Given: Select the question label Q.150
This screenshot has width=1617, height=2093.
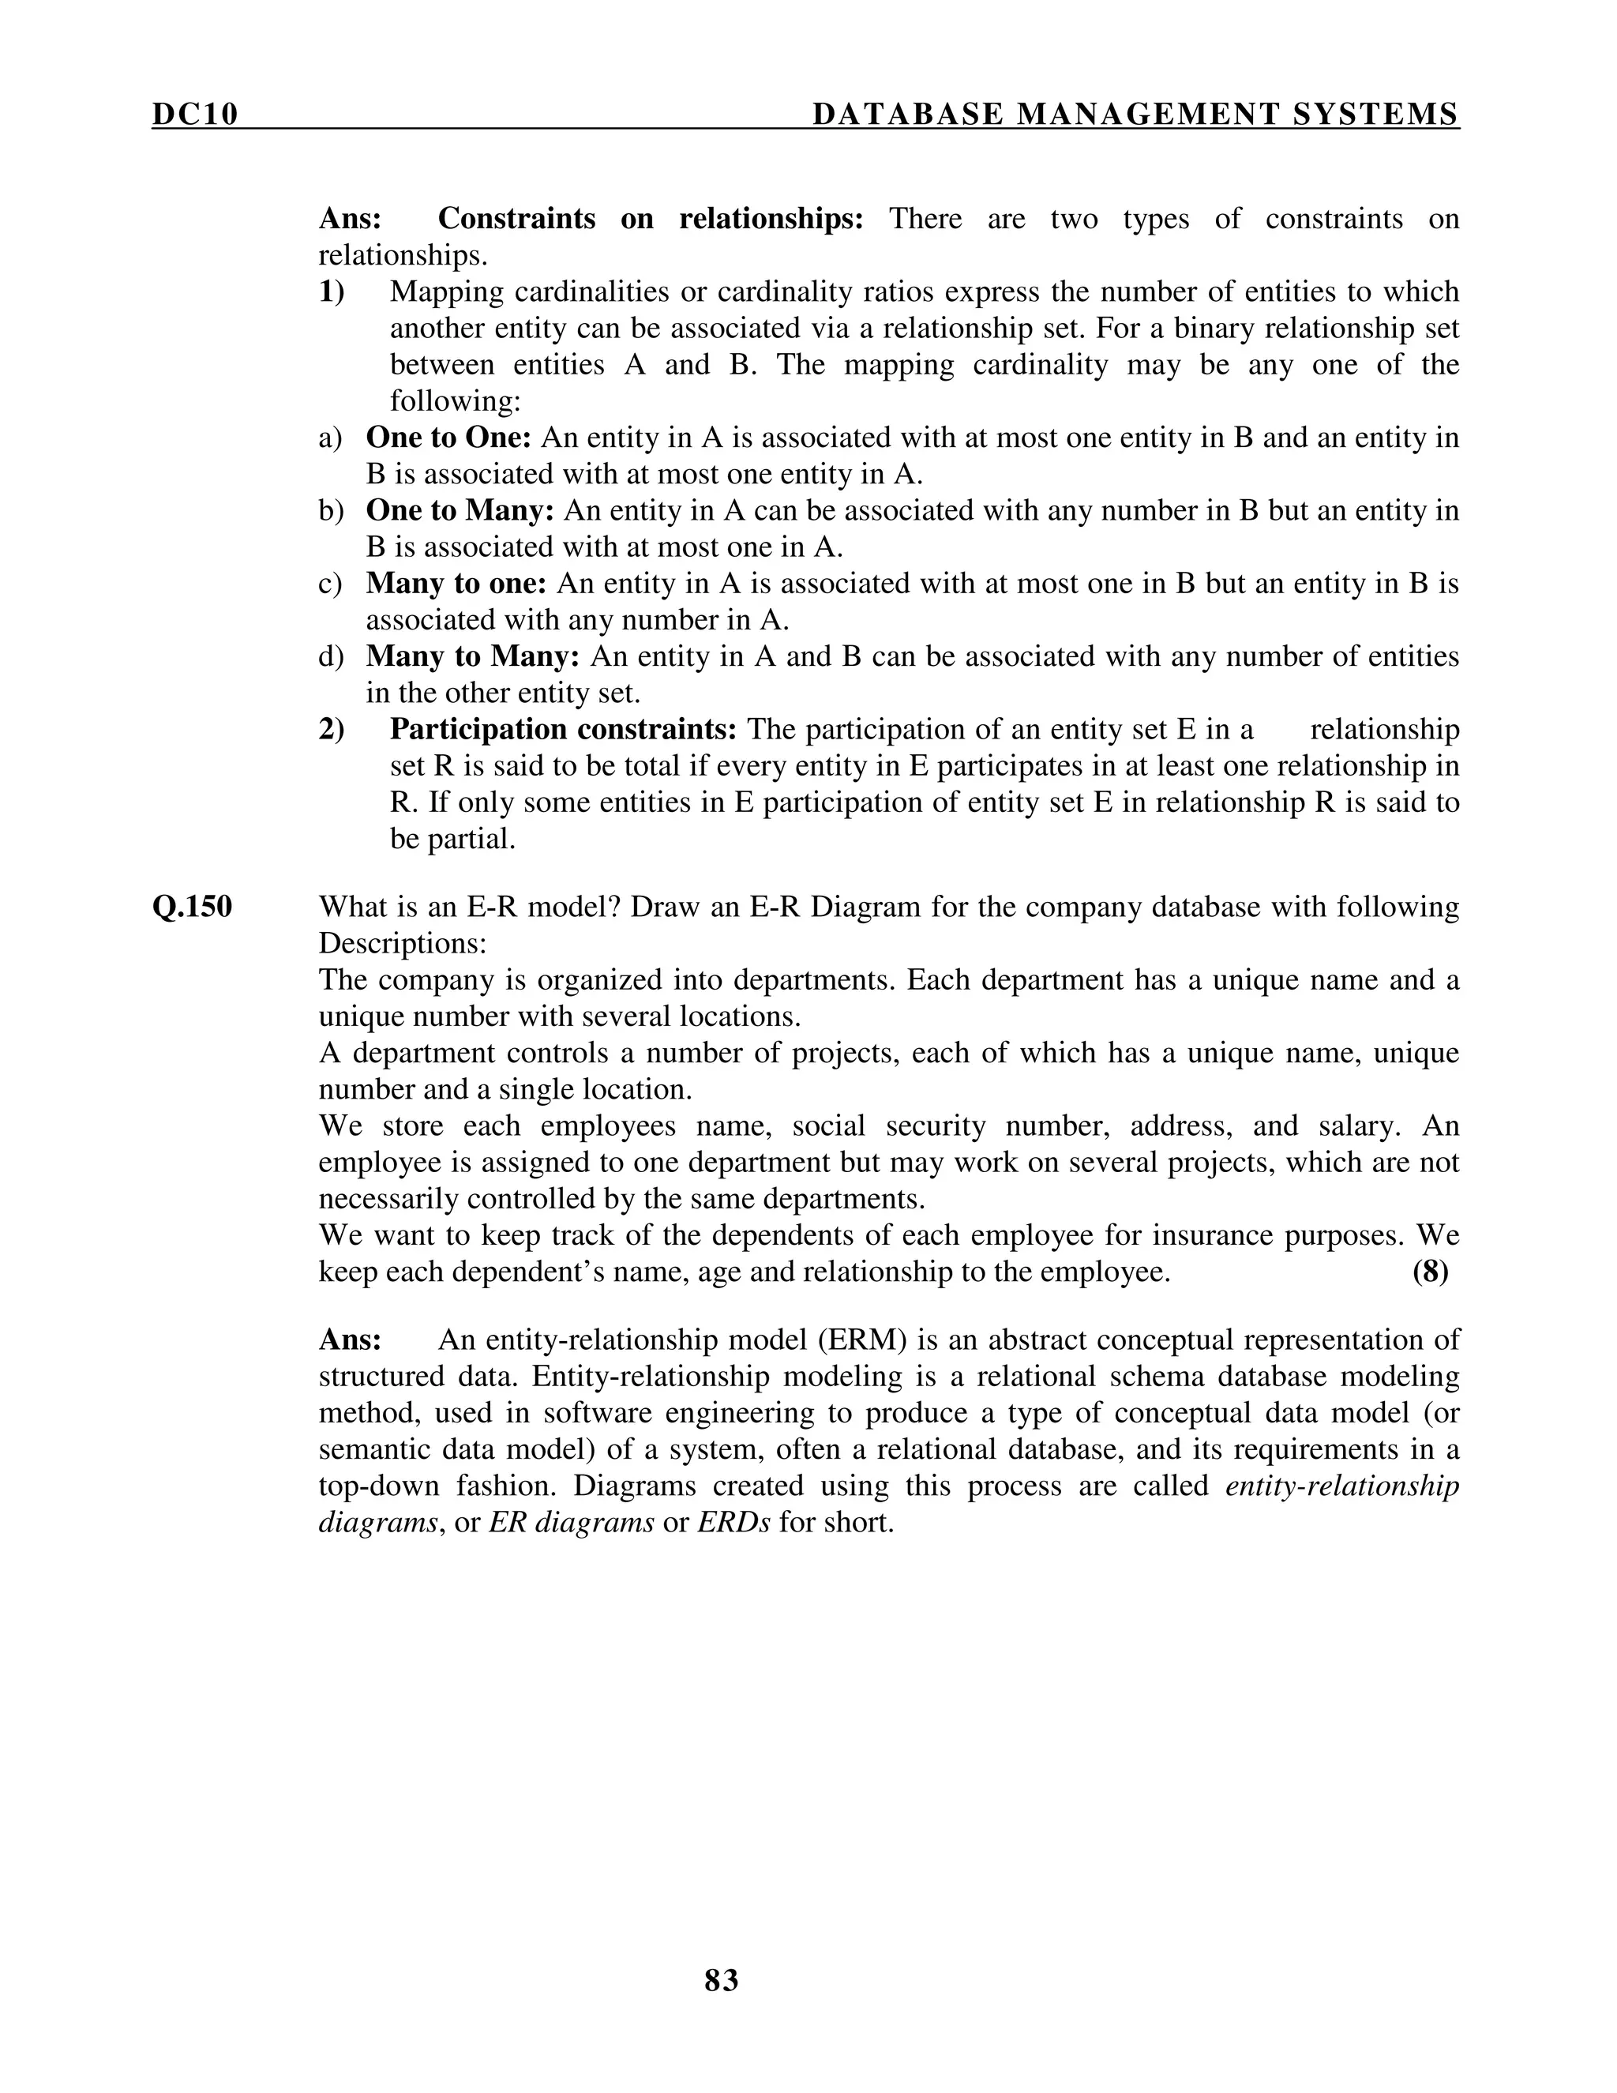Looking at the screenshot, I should [192, 907].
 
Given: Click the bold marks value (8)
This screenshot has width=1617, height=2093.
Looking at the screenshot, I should [1429, 1272].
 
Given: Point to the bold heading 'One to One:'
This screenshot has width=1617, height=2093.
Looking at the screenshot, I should [448, 438].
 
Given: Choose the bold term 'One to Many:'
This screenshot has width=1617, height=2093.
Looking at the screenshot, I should [460, 511].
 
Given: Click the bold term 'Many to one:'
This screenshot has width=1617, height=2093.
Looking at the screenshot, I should [456, 584].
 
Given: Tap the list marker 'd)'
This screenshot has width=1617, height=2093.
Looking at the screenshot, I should [331, 656].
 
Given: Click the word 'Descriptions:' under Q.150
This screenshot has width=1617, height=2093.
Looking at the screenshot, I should [403, 943].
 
